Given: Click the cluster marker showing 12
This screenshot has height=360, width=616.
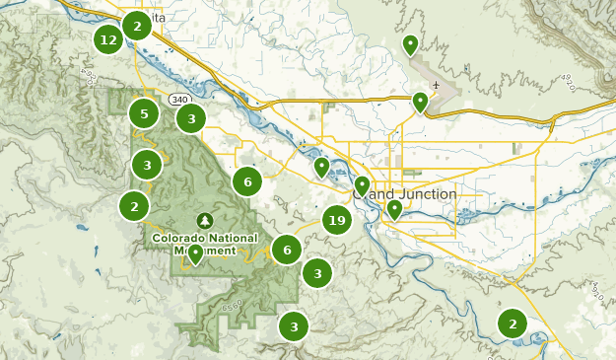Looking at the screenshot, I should [x=108, y=40].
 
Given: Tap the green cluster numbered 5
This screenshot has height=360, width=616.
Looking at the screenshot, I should [x=144, y=114].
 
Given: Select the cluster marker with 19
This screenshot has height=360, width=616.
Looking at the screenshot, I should [x=337, y=221].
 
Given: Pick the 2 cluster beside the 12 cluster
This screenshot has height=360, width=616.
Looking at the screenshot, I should [x=137, y=25].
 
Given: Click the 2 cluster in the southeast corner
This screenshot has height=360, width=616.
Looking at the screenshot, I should [x=513, y=323].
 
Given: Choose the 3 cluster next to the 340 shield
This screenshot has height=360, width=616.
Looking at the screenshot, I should [x=190, y=119].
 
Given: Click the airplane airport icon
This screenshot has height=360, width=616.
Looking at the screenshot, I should [x=434, y=85].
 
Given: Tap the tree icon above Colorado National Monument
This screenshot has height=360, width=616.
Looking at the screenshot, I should [x=205, y=219].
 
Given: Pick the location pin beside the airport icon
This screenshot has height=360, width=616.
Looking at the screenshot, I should [x=420, y=101].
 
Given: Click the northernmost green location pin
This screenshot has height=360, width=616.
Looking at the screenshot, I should [x=410, y=44].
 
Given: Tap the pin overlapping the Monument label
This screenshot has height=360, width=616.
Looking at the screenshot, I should [x=196, y=253].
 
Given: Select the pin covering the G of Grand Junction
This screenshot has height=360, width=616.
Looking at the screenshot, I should [x=362, y=184].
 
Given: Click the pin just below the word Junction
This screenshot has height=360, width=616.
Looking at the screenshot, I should [x=394, y=209].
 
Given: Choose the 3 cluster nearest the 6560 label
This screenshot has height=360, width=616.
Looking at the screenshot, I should [x=293, y=326].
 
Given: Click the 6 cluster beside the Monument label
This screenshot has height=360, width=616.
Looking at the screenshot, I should [x=286, y=251].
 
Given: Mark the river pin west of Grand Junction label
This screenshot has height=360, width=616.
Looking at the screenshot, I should [x=321, y=166].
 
